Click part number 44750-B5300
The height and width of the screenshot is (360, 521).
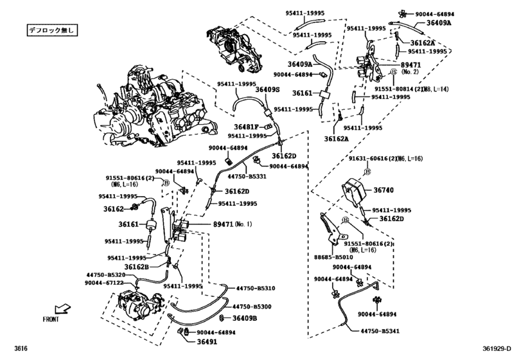(x=253, y=307)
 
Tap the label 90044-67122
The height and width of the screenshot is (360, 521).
(x=105, y=282)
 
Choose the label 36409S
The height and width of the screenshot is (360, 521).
(x=267, y=90)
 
